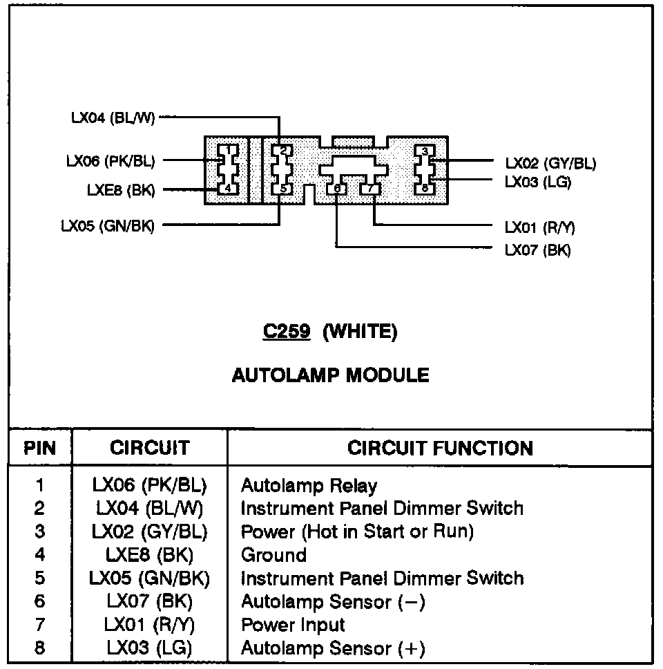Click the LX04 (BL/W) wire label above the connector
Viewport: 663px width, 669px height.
click(113, 117)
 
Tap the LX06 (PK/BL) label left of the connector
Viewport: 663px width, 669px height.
click(110, 161)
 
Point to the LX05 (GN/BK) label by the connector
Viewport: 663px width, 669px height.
click(107, 225)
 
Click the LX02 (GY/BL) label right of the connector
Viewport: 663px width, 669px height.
click(550, 163)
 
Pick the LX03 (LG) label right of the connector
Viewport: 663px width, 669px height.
click(538, 182)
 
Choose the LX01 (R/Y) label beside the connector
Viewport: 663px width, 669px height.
click(540, 227)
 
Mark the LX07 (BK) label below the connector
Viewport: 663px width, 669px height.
click(538, 249)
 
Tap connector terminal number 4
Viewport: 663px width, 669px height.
click(227, 188)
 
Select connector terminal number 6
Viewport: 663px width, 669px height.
click(337, 189)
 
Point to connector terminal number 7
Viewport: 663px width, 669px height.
click(371, 189)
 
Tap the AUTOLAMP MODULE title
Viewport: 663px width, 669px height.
click(330, 375)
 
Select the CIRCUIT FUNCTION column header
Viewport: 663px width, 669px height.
click(440, 448)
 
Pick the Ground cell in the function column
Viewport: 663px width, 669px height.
click(273, 555)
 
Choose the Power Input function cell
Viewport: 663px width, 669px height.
click(292, 625)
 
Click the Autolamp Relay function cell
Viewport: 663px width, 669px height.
click(309, 485)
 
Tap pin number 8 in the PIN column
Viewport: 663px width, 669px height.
click(39, 648)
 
